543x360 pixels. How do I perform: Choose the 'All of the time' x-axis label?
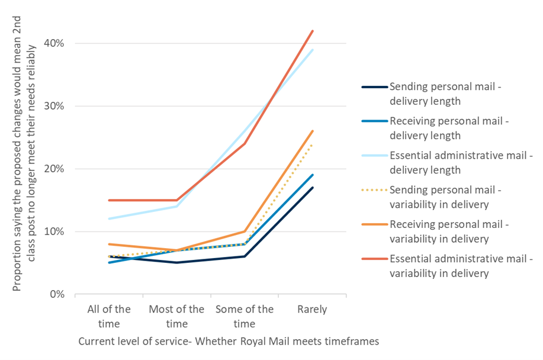(109, 316)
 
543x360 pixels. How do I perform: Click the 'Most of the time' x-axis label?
(176, 316)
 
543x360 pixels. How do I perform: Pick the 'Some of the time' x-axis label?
(245, 316)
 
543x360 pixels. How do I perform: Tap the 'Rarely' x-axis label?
(312, 310)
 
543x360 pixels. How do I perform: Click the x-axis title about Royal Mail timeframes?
(228, 341)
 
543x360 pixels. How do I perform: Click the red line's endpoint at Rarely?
(313, 31)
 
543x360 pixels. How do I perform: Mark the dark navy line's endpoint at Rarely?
(313, 188)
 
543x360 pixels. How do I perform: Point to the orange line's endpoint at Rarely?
(313, 131)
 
